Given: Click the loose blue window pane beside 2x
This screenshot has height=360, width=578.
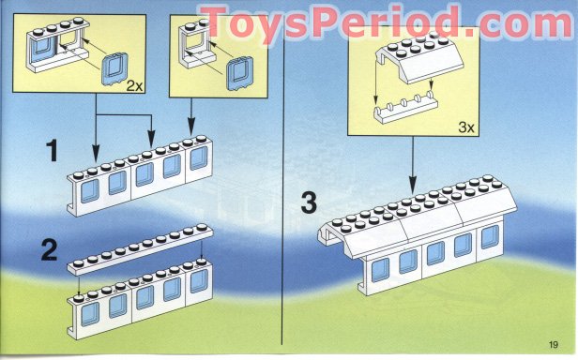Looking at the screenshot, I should coord(114,70).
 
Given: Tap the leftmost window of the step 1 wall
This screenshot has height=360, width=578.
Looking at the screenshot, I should coord(89,192).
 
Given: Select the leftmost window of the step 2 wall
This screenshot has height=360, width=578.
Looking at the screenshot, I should coord(89,310).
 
